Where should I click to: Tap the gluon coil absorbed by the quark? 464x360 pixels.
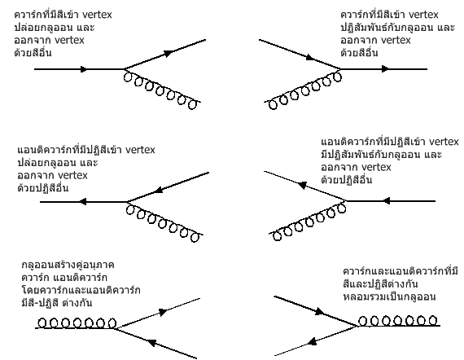click(x=303, y=90)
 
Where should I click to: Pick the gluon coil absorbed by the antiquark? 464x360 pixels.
click(x=307, y=222)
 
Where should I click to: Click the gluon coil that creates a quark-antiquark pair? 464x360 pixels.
click(x=77, y=323)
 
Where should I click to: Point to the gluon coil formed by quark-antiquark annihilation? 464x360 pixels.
click(x=399, y=322)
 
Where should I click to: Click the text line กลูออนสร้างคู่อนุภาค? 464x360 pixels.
click(x=68, y=265)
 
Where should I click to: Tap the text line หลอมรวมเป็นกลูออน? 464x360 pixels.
click(x=389, y=296)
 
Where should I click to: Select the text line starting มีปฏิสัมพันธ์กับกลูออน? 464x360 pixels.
click(x=382, y=155)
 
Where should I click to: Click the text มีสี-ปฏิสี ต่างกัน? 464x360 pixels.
click(x=57, y=303)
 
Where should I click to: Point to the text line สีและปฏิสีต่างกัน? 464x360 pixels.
click(x=380, y=284)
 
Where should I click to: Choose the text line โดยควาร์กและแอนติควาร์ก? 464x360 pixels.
click(x=81, y=290)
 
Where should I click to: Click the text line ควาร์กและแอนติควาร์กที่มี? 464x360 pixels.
click(x=401, y=271)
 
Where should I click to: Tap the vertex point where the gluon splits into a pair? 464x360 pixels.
click(x=114, y=328)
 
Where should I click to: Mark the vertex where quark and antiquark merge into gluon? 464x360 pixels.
click(x=358, y=326)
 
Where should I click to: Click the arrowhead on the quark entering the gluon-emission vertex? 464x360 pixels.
click(x=84, y=69)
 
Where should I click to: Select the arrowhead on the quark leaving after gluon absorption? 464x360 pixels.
click(x=385, y=69)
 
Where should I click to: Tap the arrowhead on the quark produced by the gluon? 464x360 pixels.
click(x=163, y=312)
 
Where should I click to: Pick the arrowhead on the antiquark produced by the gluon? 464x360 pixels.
click(x=151, y=343)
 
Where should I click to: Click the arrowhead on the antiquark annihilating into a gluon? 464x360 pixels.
click(x=312, y=341)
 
